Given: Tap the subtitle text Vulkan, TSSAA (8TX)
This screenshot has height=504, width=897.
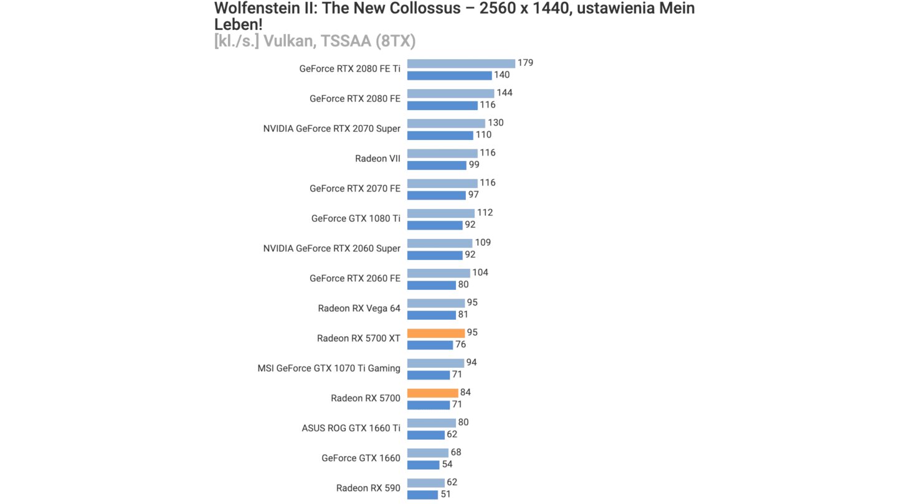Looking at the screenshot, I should [x=339, y=41].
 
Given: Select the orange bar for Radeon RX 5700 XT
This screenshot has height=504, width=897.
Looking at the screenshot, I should [x=435, y=333].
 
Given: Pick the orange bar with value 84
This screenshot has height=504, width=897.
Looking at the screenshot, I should [x=432, y=393].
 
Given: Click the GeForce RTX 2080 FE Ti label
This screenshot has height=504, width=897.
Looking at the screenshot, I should [x=349, y=69].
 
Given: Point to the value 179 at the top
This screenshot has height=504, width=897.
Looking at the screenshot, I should [x=525, y=63].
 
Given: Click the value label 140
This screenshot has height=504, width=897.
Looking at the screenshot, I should [x=501, y=75].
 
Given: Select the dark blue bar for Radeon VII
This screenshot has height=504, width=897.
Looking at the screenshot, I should [x=437, y=165].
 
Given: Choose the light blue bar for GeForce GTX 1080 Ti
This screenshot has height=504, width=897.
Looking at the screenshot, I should [x=440, y=213].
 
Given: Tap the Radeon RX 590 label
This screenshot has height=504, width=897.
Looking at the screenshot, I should [x=368, y=488].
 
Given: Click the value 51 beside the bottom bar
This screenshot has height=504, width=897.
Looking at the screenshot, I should [x=445, y=494].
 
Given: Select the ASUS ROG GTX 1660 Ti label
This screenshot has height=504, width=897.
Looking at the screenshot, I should [x=351, y=428].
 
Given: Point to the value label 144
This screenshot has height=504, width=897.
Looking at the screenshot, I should [x=504, y=93].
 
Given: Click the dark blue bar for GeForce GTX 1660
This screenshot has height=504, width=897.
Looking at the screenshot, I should [x=423, y=464].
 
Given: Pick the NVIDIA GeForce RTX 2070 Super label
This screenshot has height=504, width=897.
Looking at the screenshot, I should [x=331, y=129].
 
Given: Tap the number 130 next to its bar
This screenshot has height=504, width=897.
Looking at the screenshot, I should [x=495, y=123].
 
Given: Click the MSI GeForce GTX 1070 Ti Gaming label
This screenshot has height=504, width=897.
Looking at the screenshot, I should [x=329, y=368].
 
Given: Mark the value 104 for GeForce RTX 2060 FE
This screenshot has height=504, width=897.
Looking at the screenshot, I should [x=480, y=273].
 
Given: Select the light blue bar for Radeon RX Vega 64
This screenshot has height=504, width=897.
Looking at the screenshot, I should [x=435, y=303].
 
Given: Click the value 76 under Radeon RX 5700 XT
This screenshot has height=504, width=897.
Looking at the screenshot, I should [x=460, y=345].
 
